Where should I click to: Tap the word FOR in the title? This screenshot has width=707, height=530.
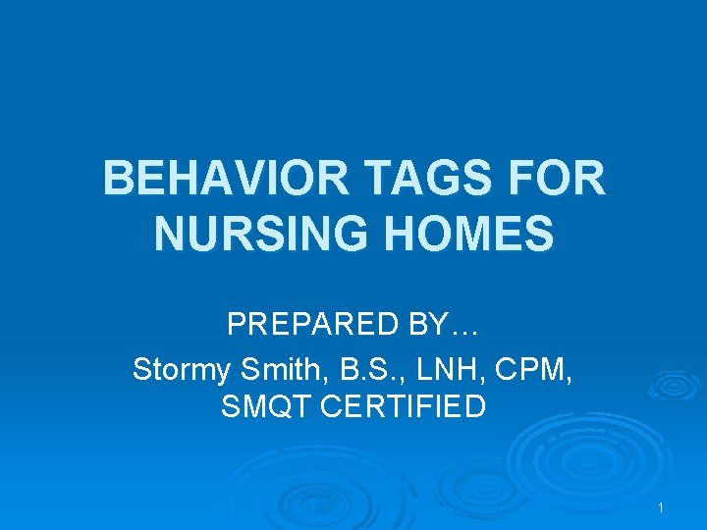[x=563, y=180]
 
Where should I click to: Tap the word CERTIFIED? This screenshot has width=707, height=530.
[x=408, y=406]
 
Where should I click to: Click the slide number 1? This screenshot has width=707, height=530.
[x=662, y=507]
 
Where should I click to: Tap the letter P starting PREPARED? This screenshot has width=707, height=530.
[x=235, y=324]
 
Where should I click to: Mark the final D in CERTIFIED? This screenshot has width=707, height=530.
[x=475, y=406]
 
